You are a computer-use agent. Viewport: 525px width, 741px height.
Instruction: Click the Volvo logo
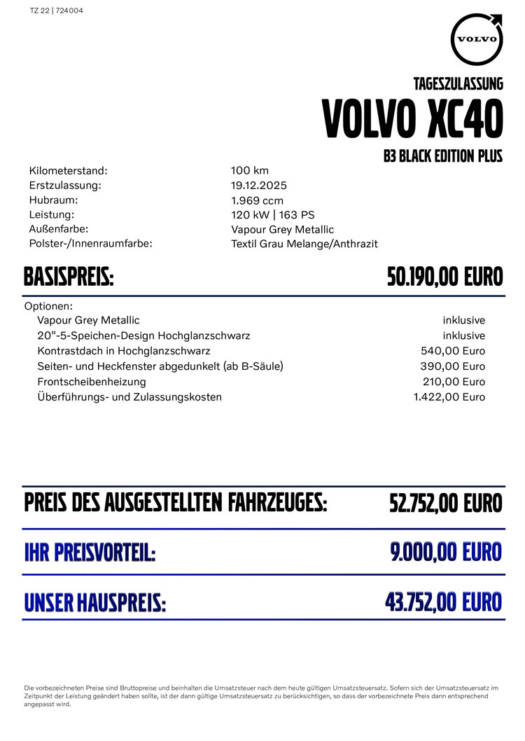click(477, 39)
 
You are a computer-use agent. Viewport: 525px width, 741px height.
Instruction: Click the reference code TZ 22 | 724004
click(57, 11)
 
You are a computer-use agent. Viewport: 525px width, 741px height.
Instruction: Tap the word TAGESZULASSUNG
click(458, 84)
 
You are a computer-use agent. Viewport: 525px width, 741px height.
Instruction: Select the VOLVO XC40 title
click(412, 120)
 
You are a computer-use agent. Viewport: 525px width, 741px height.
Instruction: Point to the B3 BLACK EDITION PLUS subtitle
click(443, 156)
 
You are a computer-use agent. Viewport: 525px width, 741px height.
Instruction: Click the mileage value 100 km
click(250, 170)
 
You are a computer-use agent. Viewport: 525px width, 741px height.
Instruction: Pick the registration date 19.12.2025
click(259, 186)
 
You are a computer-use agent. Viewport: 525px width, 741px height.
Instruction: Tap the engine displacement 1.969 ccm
click(257, 200)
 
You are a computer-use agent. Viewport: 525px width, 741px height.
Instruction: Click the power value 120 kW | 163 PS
click(273, 214)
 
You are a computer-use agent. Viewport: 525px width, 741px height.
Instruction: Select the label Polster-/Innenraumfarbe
click(91, 243)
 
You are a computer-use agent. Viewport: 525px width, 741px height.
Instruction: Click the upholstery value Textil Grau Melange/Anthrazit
click(304, 244)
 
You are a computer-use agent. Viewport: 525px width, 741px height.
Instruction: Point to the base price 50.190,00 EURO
click(445, 277)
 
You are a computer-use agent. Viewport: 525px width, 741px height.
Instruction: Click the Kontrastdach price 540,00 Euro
click(453, 351)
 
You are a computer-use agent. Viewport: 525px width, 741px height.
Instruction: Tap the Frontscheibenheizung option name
click(92, 382)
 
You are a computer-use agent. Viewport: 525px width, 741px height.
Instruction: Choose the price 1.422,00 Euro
click(449, 397)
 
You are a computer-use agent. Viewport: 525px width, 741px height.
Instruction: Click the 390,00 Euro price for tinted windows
click(453, 366)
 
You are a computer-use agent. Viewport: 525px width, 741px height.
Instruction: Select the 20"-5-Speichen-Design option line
click(143, 335)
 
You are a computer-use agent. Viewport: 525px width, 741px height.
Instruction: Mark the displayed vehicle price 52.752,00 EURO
click(446, 503)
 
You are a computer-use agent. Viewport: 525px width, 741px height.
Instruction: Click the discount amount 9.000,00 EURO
click(447, 552)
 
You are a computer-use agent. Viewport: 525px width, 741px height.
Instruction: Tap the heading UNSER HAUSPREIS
click(95, 602)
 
